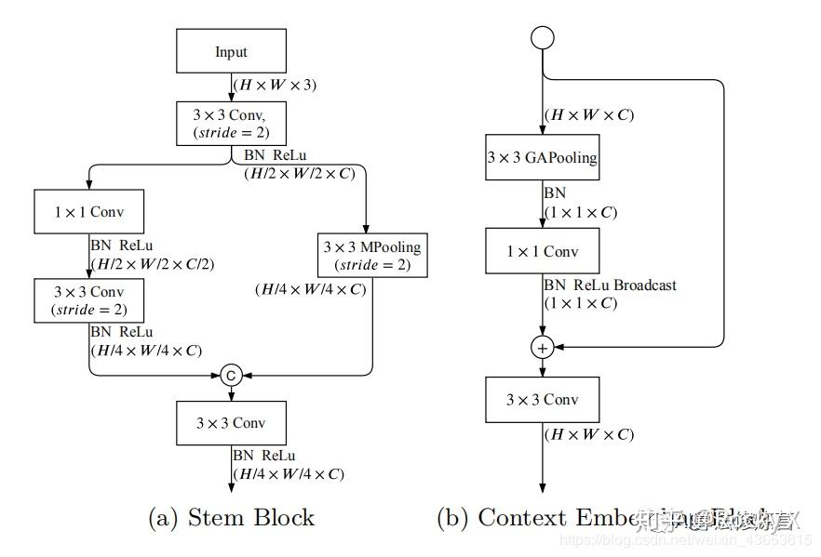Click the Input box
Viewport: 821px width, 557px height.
point(231,52)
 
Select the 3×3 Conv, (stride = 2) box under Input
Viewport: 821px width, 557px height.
point(231,123)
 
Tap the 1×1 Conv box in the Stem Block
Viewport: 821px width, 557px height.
point(88,212)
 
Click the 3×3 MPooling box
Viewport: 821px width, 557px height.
point(371,256)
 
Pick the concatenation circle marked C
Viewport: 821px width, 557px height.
point(231,375)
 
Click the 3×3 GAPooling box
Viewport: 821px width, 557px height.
point(542,157)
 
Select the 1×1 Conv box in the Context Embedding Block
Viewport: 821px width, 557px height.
point(542,251)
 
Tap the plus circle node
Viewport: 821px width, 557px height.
point(542,347)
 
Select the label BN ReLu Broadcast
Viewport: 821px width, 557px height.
point(610,285)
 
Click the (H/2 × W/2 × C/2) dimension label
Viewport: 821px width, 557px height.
point(151,264)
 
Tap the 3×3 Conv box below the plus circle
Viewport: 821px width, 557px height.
point(542,400)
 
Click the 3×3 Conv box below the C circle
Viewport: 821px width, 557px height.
point(231,422)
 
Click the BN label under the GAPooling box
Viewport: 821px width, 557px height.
point(555,194)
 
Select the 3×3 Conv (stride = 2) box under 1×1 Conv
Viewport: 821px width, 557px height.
point(88,300)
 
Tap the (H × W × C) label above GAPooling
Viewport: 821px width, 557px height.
point(589,115)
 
